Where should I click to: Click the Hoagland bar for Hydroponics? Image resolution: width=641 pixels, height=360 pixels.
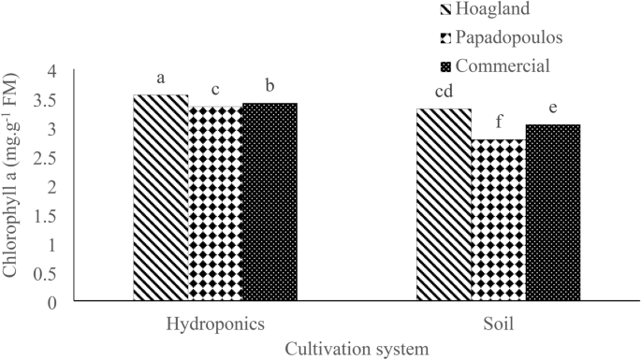[161, 197]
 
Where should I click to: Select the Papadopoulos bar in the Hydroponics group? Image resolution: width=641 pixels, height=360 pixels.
[215, 203]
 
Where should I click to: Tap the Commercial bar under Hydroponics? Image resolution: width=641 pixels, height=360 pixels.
[270, 202]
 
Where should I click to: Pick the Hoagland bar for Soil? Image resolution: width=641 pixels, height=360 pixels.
[444, 205]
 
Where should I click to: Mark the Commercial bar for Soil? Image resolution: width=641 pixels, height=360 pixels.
[552, 212]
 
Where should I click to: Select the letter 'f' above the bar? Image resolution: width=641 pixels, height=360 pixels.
[499, 122]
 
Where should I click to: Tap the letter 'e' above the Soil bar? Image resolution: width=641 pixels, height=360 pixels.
[553, 108]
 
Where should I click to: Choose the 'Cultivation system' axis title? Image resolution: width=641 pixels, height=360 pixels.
[357, 348]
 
